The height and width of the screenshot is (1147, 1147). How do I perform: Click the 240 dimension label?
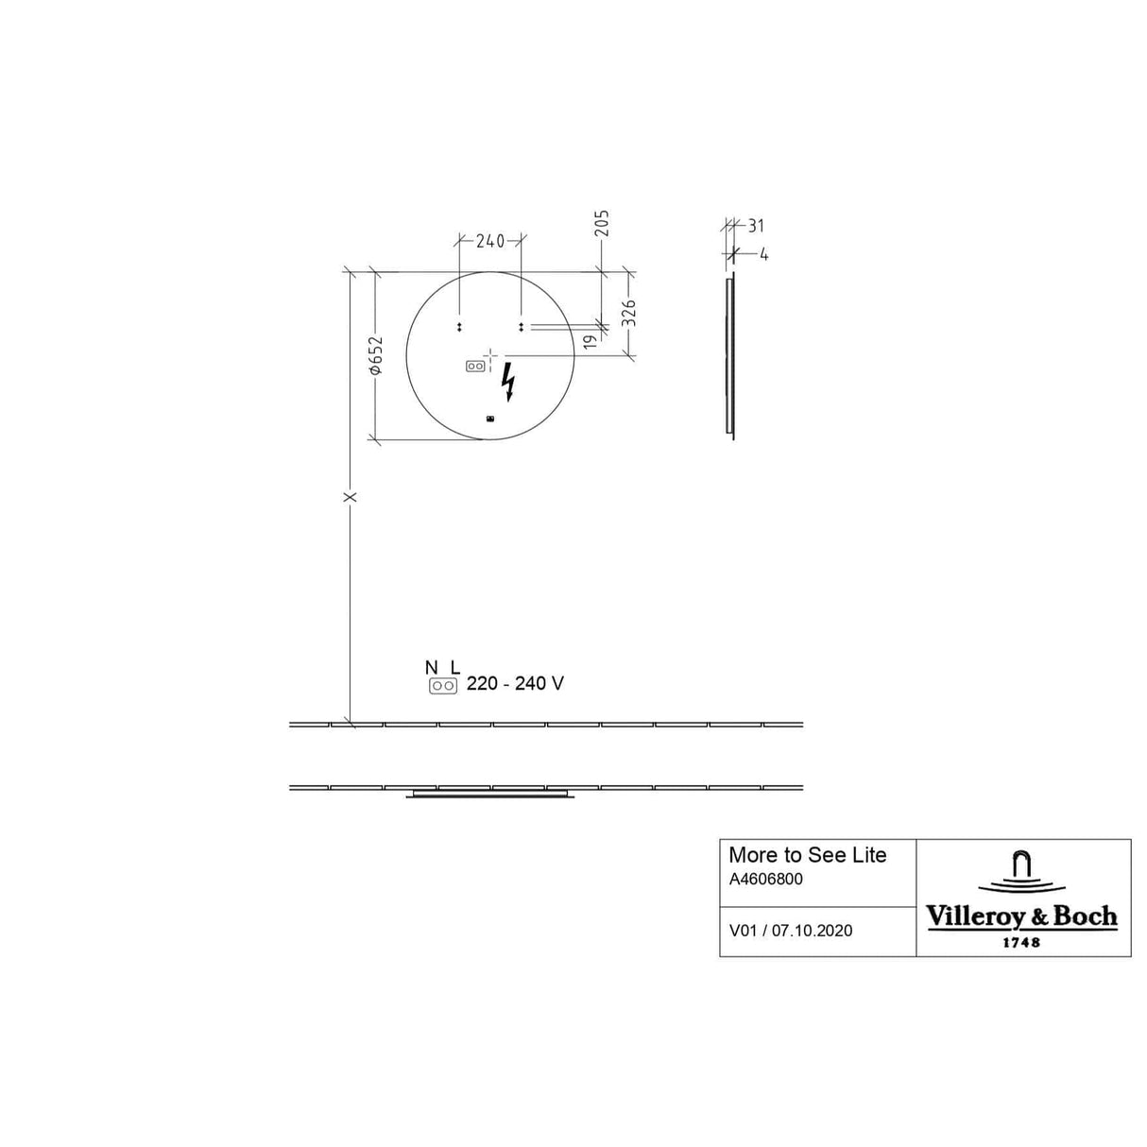[x=489, y=241]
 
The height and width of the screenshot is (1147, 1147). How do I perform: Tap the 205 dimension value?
[x=603, y=223]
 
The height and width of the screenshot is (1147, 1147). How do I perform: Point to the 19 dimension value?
[x=590, y=342]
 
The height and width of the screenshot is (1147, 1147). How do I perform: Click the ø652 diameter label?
[x=376, y=356]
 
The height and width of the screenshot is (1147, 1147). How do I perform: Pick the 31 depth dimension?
[x=755, y=226]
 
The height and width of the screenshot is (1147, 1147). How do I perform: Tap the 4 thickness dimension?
[x=764, y=255]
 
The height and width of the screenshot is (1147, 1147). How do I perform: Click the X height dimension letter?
[x=351, y=496]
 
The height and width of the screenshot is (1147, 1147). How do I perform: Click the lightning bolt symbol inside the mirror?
[x=507, y=382]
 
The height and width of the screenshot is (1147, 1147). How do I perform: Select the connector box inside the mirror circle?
[x=475, y=366]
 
